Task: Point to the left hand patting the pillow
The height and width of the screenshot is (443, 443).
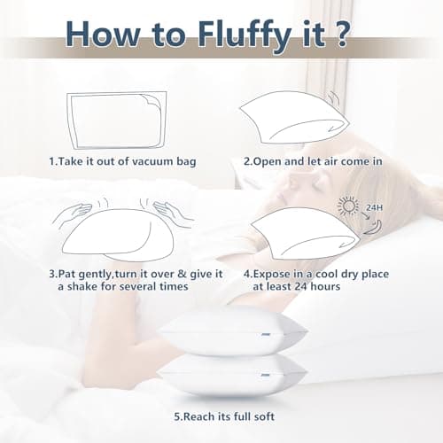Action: coord(74,214)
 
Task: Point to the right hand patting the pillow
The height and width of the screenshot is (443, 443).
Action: coord(170,214)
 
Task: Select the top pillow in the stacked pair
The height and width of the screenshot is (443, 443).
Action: coord(231,332)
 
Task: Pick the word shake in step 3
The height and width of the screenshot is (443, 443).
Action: coord(87,288)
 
